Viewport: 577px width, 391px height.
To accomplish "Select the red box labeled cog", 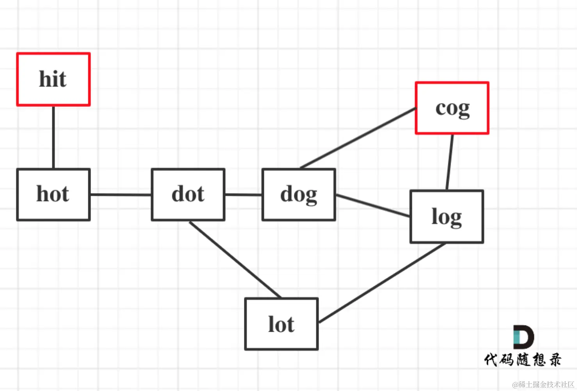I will click(x=452, y=124).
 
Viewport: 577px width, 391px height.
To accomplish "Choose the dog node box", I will click(x=299, y=211).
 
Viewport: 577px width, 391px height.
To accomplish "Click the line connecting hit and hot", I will click(x=53, y=137).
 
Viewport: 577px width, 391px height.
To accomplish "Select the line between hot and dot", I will click(x=121, y=194).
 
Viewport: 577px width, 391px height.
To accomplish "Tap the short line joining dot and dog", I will click(x=243, y=194).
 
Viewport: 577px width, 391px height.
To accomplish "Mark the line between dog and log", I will click(x=373, y=206).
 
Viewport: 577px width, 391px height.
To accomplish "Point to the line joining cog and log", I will click(x=450, y=162).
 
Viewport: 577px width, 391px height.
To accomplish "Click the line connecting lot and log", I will click(x=382, y=283).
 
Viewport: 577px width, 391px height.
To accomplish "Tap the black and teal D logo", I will click(x=523, y=337).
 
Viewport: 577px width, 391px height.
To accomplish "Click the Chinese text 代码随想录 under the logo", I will click(x=523, y=360).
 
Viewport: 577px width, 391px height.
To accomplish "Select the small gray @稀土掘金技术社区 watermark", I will click(x=543, y=384).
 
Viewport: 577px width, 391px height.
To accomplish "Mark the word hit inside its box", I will click(x=53, y=79).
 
